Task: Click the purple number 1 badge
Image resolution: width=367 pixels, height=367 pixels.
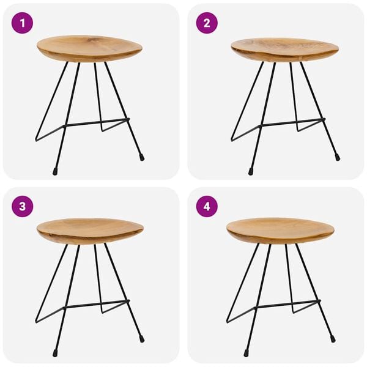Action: pos(22,23)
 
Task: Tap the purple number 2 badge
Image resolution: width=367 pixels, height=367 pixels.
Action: pos(207,23)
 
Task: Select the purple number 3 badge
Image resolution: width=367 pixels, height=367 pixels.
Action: pos(22,206)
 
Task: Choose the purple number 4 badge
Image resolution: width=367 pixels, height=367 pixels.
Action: pos(207,206)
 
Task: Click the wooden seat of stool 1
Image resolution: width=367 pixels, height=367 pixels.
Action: pos(89,48)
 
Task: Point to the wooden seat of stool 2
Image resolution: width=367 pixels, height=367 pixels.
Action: pos(284,49)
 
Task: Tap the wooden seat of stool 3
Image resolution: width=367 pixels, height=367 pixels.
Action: pos(90,231)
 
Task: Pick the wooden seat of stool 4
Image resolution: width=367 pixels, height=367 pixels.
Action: pos(280,230)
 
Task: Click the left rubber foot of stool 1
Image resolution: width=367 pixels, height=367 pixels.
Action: pos(55,172)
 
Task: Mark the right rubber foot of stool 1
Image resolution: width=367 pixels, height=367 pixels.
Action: pos(142,157)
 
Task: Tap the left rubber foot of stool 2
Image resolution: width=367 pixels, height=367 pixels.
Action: pos(251,172)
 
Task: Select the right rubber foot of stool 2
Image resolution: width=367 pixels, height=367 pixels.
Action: pos(337,157)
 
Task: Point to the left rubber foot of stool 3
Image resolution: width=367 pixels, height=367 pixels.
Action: pos(54,353)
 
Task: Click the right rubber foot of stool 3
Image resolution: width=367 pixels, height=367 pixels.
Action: pos(141,338)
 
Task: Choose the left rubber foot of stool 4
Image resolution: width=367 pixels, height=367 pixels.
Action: pos(246,353)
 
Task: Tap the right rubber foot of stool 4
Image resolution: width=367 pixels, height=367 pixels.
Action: pos(333,338)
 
